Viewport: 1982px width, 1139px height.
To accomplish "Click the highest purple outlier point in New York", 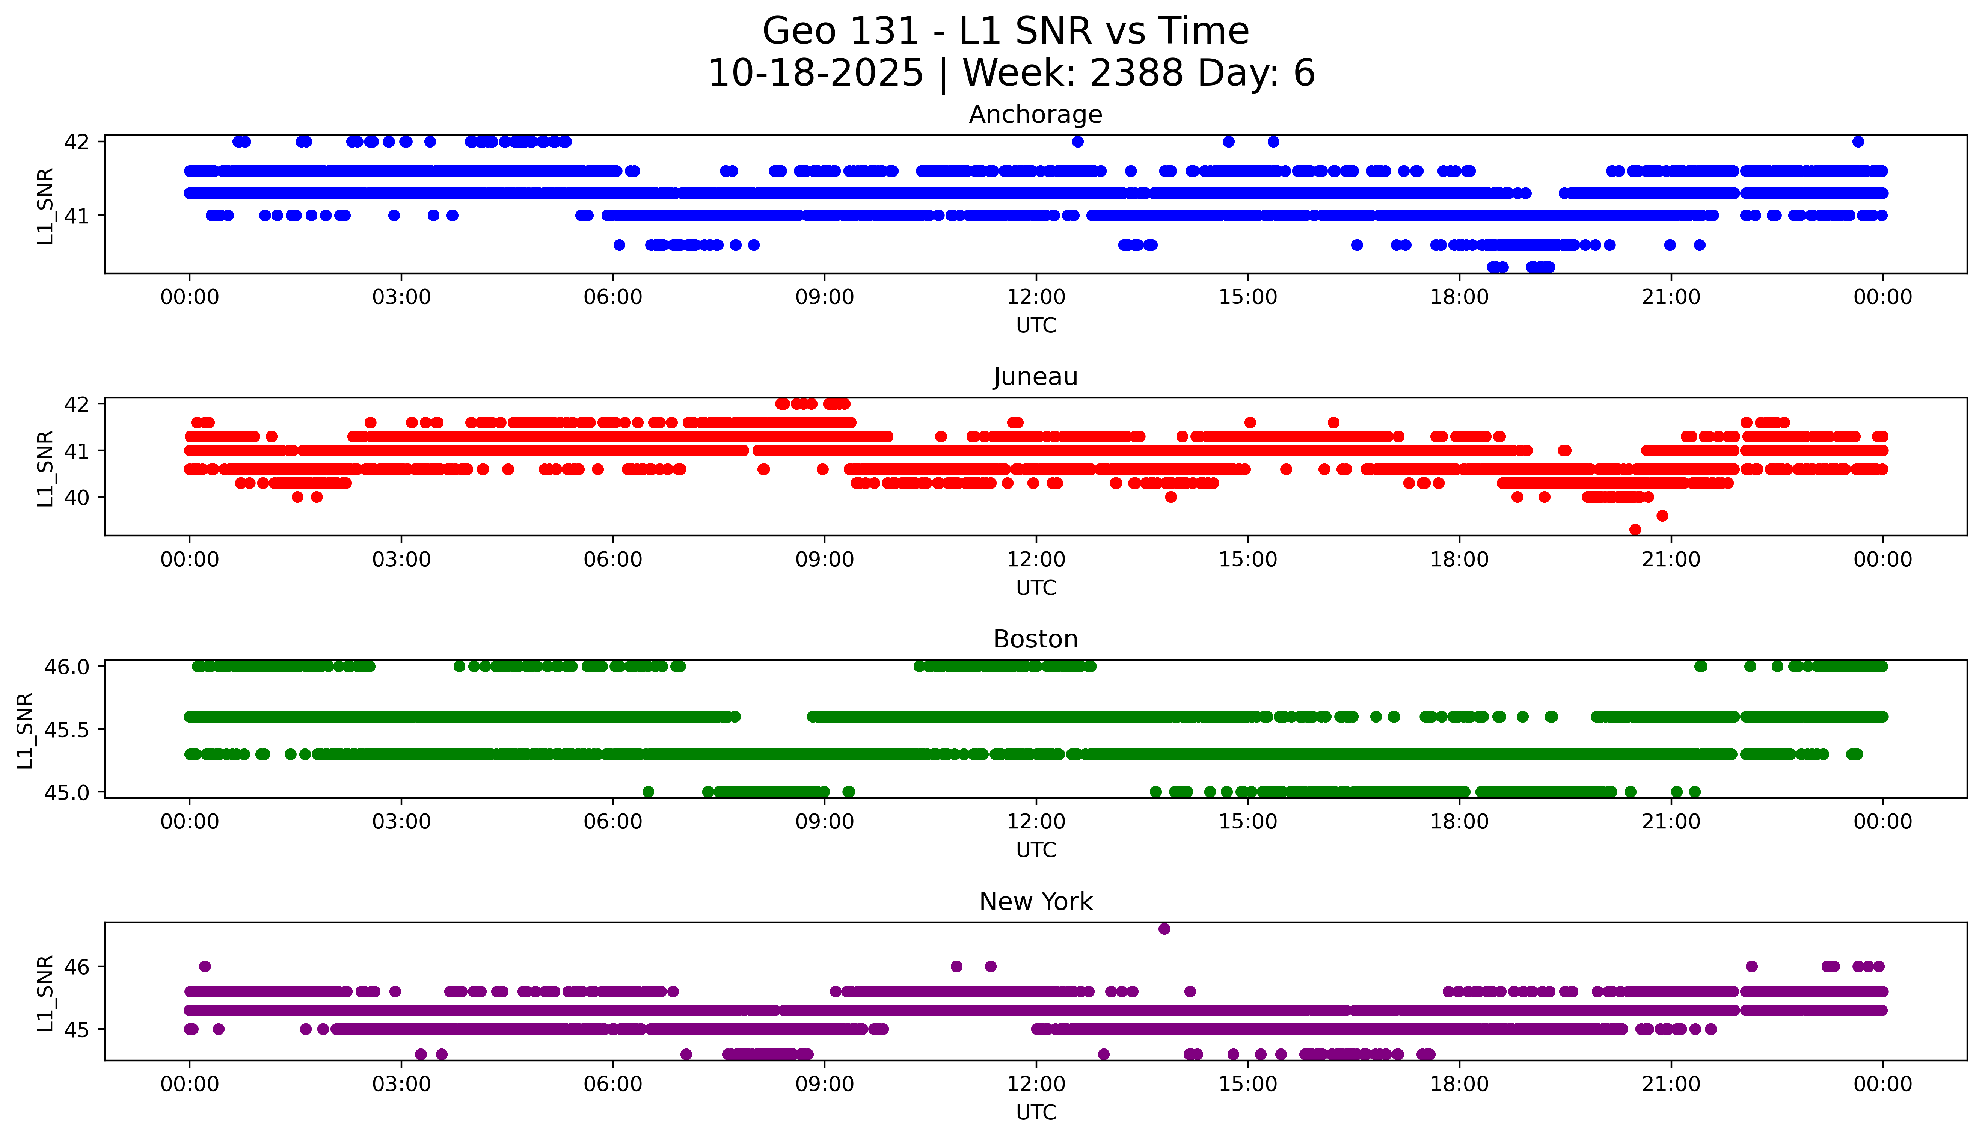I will point(1164,929).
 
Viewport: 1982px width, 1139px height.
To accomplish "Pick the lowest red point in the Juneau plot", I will point(1635,530).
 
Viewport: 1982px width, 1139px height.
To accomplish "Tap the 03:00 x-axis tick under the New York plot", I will point(401,1084).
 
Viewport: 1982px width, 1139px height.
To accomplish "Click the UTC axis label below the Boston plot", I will point(1036,850).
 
